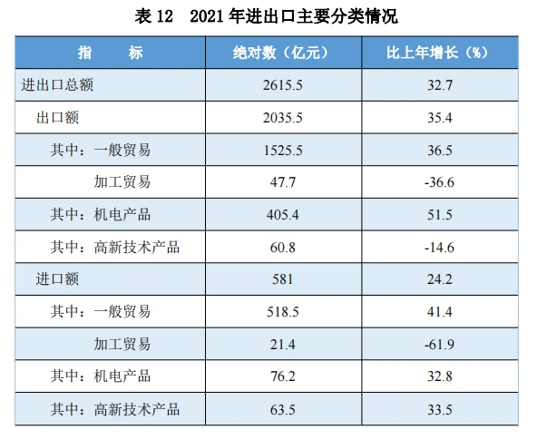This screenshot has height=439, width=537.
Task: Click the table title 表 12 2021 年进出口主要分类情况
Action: (266, 16)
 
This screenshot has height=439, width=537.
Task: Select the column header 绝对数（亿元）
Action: (283, 53)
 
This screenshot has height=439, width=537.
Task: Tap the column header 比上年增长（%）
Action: (439, 53)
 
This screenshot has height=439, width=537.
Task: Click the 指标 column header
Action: (111, 53)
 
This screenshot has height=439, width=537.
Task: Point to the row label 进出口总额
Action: (57, 85)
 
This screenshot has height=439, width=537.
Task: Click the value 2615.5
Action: (283, 85)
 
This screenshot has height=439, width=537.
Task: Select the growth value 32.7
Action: (440, 85)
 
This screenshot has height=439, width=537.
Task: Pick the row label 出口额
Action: (57, 117)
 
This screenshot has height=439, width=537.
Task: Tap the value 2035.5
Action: (283, 118)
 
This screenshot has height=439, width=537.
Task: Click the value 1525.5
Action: (283, 151)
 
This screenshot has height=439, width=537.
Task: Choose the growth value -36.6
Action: (439, 182)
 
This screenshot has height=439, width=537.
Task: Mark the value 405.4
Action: (283, 215)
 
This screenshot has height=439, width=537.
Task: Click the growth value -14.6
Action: (439, 248)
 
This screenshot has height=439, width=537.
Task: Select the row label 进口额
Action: (57, 279)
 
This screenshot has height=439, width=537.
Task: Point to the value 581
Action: (282, 279)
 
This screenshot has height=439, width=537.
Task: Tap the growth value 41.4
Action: (440, 312)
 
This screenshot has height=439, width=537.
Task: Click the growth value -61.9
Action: (439, 345)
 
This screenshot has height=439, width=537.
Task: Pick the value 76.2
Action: (283, 376)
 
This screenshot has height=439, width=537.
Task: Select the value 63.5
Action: (283, 410)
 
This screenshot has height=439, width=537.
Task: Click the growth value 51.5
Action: (440, 215)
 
